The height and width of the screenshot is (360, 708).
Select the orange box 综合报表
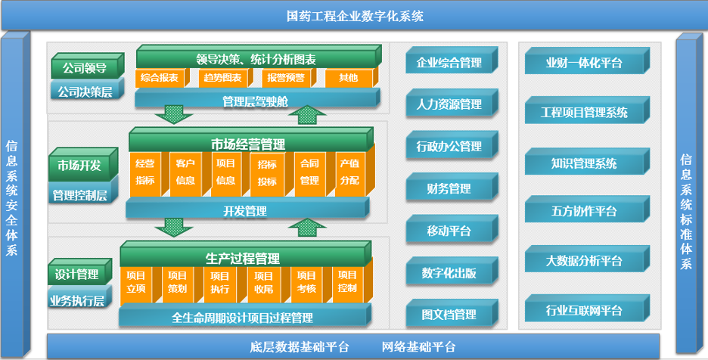[158, 78]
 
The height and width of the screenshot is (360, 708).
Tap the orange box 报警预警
[285, 78]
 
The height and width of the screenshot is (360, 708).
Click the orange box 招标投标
[267, 172]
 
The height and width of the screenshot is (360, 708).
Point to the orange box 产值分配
[349, 172]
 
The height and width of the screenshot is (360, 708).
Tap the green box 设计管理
[77, 274]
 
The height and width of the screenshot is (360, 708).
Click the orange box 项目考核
[306, 281]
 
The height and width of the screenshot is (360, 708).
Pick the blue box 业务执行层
[77, 300]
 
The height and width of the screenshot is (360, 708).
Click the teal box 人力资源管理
[449, 104]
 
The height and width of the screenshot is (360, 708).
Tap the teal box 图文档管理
[449, 315]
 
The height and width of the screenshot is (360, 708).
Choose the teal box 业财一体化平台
[584, 63]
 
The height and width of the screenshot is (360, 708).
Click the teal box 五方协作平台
[584, 211]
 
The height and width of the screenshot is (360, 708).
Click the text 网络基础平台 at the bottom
[419, 347]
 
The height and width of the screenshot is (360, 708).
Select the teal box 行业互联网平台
[584, 310]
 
